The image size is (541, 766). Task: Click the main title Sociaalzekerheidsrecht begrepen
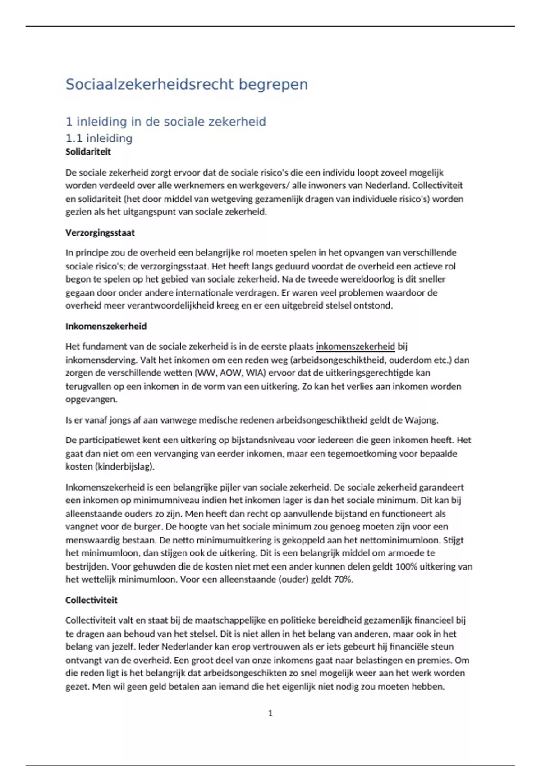[x=187, y=84]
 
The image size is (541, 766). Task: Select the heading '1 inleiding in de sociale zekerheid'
[x=165, y=122]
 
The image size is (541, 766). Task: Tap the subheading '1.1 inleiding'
[x=99, y=138]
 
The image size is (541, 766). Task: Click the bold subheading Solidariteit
[x=88, y=152]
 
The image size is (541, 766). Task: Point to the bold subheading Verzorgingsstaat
[x=100, y=233]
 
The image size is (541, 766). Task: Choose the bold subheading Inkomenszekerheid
[x=106, y=326]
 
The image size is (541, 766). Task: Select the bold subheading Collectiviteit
[x=91, y=600]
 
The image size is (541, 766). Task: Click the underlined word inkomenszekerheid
[x=355, y=347]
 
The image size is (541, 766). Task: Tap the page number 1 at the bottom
[x=270, y=713]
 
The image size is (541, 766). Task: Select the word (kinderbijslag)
[x=125, y=467]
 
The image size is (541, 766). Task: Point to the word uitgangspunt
[x=149, y=212]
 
